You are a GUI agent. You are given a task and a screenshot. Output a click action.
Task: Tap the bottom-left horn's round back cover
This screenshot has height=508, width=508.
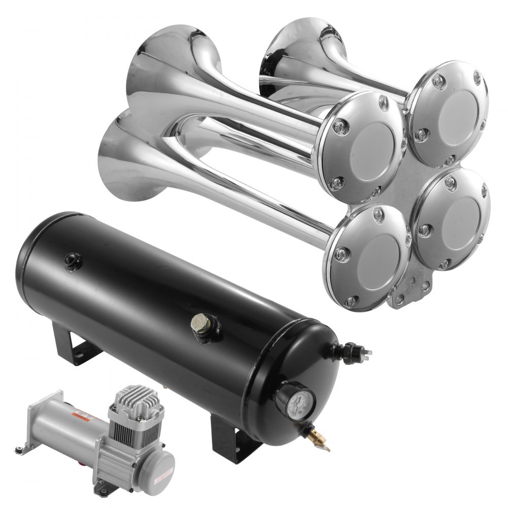click(368, 257)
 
